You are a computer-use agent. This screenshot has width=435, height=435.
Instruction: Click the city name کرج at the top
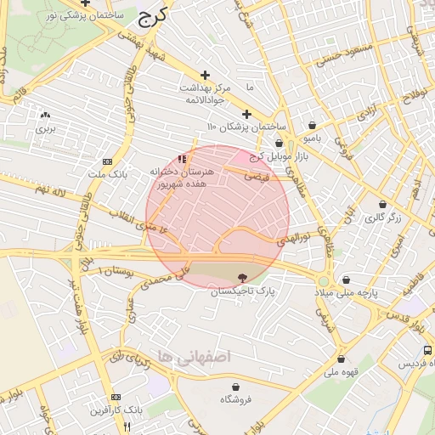pyautogui.click(x=153, y=14)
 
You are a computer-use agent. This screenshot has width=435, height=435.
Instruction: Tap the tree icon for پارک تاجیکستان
pyautogui.click(x=243, y=277)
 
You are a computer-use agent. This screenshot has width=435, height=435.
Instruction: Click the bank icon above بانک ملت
pyautogui.click(x=106, y=161)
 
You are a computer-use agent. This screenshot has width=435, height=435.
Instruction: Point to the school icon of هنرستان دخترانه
pyautogui.click(x=181, y=159)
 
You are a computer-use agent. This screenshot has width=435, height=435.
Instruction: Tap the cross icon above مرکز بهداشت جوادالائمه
pyautogui.click(x=204, y=75)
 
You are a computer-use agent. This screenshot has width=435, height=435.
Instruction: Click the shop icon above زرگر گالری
pyautogui.click(x=382, y=205)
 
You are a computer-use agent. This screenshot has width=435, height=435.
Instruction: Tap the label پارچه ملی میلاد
pyautogui.click(x=371, y=292)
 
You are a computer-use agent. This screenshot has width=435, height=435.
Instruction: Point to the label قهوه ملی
pyautogui.click(x=345, y=371)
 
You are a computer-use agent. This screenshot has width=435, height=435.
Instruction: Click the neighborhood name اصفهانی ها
pyautogui.click(x=195, y=357)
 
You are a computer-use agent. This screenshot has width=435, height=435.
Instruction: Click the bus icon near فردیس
pyautogui.click(x=427, y=349)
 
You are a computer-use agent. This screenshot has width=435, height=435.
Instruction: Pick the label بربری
pyautogui.click(x=44, y=129)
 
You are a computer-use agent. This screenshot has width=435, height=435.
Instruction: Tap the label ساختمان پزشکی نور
pyautogui.click(x=84, y=15)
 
